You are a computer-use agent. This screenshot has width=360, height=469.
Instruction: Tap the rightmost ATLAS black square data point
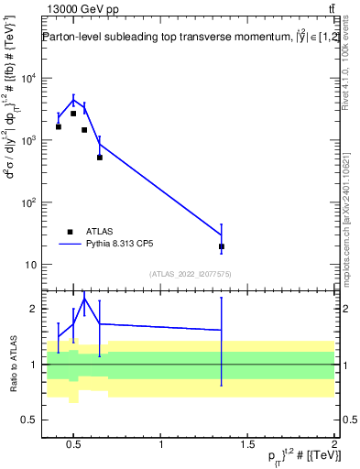pos(222,246)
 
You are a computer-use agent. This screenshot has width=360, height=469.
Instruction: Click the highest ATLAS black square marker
pos(73,114)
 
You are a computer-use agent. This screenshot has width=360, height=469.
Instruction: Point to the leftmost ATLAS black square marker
pos(59,126)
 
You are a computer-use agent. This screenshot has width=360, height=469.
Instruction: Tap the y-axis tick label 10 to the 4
pos(27,79)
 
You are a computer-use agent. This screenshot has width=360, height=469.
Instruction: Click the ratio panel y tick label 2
pos(34,310)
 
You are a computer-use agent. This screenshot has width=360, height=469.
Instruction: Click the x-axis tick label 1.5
pos(247,445)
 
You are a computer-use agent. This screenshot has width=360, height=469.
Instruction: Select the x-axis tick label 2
pos(334,445)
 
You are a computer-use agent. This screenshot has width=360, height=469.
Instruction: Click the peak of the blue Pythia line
pos(73,100)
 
